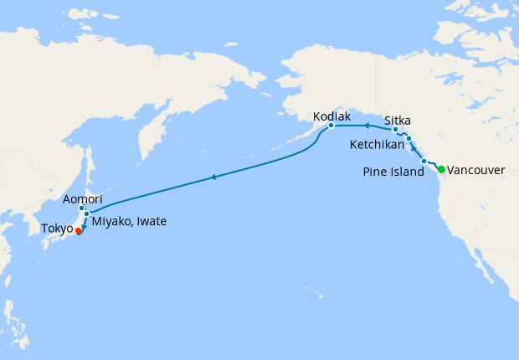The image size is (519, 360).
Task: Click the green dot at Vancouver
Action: pyautogui.click(x=441, y=169)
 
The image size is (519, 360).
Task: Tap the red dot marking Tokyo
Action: pyautogui.click(x=78, y=230)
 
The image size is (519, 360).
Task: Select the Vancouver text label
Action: pyautogui.click(x=476, y=170)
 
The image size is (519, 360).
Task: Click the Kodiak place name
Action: pyautogui.click(x=331, y=116)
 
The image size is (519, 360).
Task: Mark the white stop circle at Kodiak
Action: pyautogui.click(x=331, y=126)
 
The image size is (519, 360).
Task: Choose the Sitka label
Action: pyautogui.click(x=398, y=120)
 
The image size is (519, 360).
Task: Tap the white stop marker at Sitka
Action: pyautogui.click(x=395, y=130)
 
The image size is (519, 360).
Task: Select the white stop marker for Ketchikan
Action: pyautogui.click(x=409, y=138)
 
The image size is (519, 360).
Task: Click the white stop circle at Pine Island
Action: pyautogui.click(x=424, y=161)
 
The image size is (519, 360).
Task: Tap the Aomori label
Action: pyautogui.click(x=83, y=198)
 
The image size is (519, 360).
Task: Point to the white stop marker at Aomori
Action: pyautogui.click(x=82, y=208)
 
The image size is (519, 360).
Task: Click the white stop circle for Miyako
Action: pyautogui.click(x=86, y=214)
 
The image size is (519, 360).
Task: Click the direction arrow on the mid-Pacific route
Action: pyautogui.click(x=214, y=177)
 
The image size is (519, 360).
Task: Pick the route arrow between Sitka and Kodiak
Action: pyautogui.click(x=366, y=126)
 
